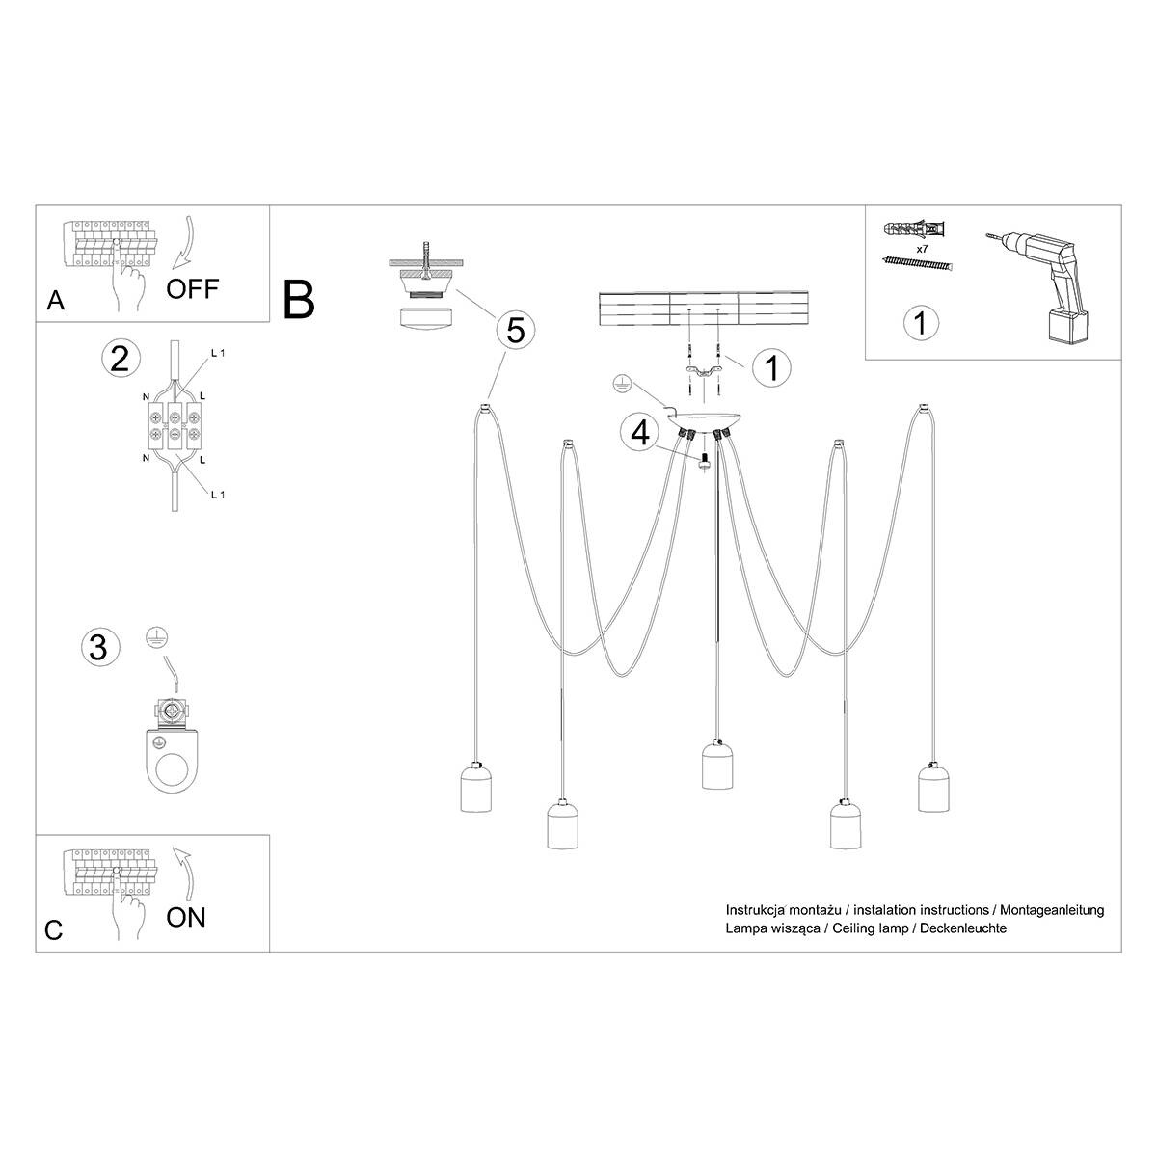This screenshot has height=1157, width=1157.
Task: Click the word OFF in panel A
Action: point(192,289)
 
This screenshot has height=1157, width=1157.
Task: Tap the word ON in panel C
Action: point(185,918)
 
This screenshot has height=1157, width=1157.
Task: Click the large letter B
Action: point(298,300)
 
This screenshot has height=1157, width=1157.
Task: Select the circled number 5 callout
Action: point(516,330)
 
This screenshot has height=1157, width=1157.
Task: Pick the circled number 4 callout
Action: point(640,433)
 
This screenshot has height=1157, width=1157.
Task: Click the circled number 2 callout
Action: point(121,359)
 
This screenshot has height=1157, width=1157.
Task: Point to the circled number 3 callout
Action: point(99,647)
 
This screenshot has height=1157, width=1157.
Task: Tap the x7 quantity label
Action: point(923,248)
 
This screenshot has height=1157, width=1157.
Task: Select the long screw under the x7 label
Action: point(918,263)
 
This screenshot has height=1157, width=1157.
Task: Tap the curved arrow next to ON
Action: point(185,873)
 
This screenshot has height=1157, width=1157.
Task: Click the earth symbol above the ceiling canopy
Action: point(623,383)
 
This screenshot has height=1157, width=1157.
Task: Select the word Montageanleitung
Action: point(1051,909)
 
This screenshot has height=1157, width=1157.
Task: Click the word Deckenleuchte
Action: point(963,928)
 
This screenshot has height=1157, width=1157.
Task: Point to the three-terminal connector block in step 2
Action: point(175,426)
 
